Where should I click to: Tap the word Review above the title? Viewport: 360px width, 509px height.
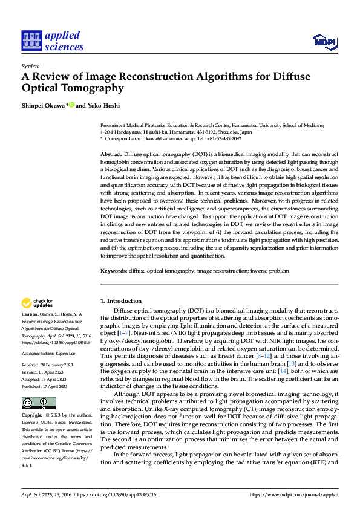point(30,66)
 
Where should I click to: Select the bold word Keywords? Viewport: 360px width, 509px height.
point(113,271)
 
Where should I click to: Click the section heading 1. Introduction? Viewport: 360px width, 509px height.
point(121,301)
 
